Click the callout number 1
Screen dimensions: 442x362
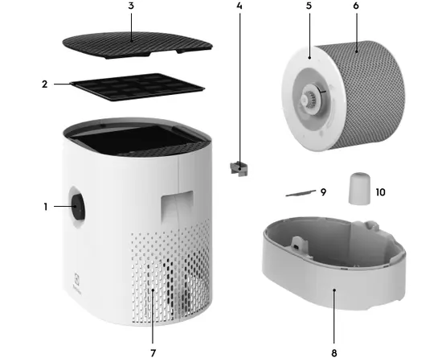tap(45, 207)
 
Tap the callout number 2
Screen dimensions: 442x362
tap(44, 84)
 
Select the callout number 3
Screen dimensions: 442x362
tap(131, 6)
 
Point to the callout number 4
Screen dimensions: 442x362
tap(239, 6)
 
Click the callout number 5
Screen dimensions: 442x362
tap(309, 6)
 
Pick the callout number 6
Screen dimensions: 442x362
tap(356, 6)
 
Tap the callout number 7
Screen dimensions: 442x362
tap(153, 353)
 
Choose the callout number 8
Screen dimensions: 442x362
tap(334, 353)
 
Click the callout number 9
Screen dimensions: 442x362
tap(323, 192)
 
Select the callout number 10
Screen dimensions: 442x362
tap(381, 192)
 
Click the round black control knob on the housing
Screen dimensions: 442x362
tap(77, 207)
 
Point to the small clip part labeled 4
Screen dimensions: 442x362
tap(239, 168)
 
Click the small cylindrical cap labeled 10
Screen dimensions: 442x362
tap(360, 188)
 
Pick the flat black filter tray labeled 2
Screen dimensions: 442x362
tap(137, 87)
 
